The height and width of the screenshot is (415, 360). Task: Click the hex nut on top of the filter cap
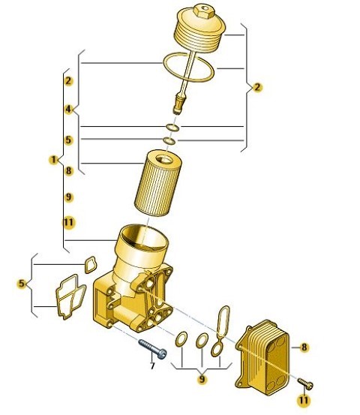(x=203, y=10)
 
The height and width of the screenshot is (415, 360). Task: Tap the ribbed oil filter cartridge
(x=158, y=183)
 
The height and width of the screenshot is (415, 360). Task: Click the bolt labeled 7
(x=152, y=349)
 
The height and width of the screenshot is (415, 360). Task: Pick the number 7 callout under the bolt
(x=152, y=366)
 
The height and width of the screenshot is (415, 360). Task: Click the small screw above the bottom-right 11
(x=305, y=383)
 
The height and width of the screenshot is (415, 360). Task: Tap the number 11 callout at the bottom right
(x=304, y=400)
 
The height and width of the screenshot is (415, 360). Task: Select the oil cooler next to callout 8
(x=262, y=357)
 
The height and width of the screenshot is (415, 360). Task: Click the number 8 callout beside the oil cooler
(x=304, y=347)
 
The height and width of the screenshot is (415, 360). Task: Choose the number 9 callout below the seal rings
(x=202, y=379)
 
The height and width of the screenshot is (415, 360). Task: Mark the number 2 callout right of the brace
(x=257, y=87)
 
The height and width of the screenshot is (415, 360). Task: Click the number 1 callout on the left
(x=54, y=160)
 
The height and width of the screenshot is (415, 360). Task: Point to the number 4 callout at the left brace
(x=68, y=109)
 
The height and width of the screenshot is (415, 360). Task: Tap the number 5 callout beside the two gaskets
(x=21, y=284)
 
